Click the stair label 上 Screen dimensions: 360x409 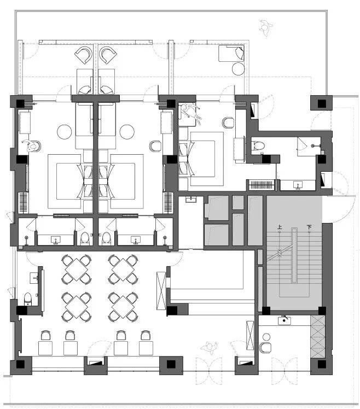[280, 227]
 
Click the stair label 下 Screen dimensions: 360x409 [309, 227]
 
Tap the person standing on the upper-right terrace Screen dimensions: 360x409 [266, 28]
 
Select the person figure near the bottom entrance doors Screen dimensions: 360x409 [209, 347]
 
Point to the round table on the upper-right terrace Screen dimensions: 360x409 [238, 69]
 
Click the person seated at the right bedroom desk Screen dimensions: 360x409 [190, 112]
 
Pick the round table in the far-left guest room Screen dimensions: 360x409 [64, 132]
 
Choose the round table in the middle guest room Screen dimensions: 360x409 [127, 132]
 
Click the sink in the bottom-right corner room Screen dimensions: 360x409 [284, 320]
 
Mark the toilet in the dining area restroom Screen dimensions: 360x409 [28, 299]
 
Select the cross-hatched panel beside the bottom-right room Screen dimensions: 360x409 [318, 336]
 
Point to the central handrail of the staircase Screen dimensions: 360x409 [294, 256]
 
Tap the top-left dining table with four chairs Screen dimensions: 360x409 [76, 270]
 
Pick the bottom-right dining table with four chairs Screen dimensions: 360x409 [123, 307]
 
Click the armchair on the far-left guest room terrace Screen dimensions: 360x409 [84, 55]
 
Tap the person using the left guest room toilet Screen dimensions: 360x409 [31, 145]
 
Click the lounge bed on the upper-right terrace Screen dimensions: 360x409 [231, 54]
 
